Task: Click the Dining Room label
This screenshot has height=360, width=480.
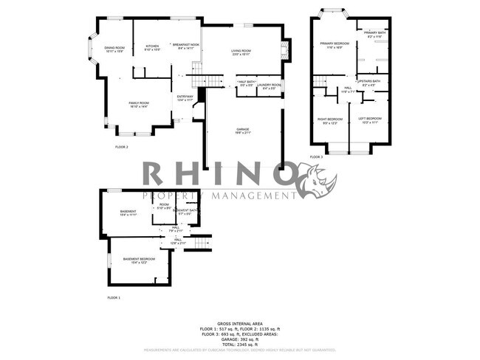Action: pyautogui.click(x=114, y=49)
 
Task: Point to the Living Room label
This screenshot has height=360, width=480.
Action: pyautogui.click(x=241, y=52)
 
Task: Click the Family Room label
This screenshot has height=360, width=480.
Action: pyautogui.click(x=139, y=105)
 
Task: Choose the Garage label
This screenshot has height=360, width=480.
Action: pyautogui.click(x=243, y=131)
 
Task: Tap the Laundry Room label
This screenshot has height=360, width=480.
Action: pyautogui.click(x=269, y=86)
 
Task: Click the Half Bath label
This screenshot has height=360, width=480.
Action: pyautogui.click(x=247, y=84)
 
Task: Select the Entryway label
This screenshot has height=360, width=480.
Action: pyautogui.click(x=185, y=98)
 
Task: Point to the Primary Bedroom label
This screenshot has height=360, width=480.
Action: pyautogui.click(x=334, y=45)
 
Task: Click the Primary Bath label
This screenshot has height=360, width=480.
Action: pyautogui.click(x=375, y=34)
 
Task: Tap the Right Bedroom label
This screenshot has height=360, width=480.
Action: pyautogui.click(x=329, y=120)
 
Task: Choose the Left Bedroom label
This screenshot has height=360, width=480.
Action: pyautogui.click(x=370, y=120)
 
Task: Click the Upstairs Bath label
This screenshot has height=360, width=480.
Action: pyautogui.click(x=370, y=83)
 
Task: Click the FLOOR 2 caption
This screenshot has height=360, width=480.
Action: pyautogui.click(x=121, y=148)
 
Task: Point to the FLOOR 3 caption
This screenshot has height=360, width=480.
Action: pyautogui.click(x=316, y=157)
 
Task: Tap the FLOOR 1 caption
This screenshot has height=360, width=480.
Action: pyautogui.click(x=114, y=297)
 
